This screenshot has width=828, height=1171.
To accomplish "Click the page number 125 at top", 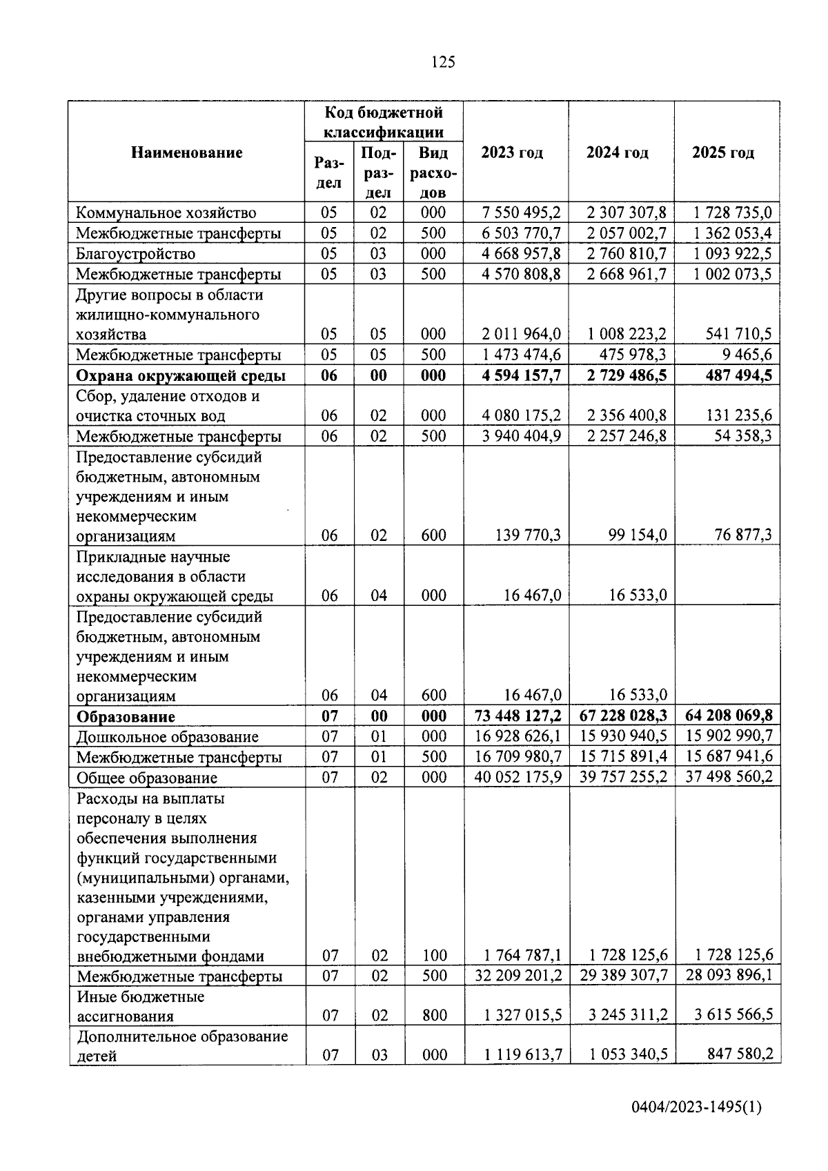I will pos(442,62).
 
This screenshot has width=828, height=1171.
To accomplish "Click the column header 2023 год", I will pos(511,152).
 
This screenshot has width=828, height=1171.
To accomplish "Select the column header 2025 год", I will pos(722,152).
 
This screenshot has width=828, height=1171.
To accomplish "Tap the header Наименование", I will pos(186,152).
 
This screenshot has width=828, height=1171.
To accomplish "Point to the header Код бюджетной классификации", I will pos(384,122).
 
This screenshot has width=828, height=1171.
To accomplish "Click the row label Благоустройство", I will pos(135,254).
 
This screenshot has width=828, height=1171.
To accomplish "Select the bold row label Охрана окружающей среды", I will pos(180,376).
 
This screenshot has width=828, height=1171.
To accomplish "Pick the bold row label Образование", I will pos(126,717).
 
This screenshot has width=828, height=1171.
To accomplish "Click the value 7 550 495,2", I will pos(522,213).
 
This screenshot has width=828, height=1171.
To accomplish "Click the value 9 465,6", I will pos(748,355).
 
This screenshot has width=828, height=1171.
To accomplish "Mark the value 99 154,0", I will pos(638,535).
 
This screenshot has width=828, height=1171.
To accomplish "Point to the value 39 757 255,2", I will pos(623,777).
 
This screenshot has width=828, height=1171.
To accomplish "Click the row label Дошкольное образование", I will pos(167,737).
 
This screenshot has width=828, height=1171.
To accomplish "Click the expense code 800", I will pos(434,1015).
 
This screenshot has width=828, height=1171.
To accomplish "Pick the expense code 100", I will pos(434,956).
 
